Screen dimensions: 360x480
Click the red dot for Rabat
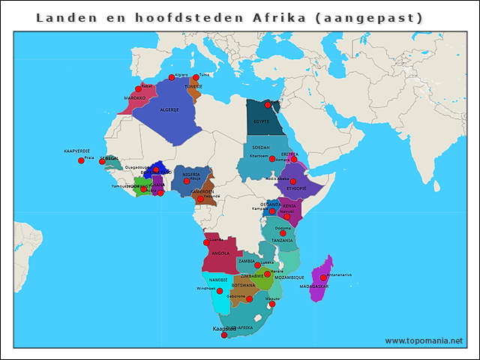point(138,88)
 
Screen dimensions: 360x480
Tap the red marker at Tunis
point(196,77)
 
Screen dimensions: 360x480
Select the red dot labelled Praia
point(81,160)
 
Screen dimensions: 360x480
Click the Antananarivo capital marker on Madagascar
point(323,277)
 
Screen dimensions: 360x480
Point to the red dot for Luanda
point(206,242)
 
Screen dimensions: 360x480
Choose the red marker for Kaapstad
point(224,335)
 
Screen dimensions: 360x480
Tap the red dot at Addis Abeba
point(292,181)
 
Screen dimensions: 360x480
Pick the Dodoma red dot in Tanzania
point(283,233)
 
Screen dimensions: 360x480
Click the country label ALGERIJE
point(169,110)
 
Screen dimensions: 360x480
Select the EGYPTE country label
point(261,121)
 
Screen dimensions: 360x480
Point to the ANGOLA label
point(220,253)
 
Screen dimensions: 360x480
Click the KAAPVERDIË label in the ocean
point(76,151)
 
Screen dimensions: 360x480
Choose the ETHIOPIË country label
point(295,189)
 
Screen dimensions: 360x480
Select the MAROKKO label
point(135,97)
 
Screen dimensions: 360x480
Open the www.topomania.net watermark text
point(424,340)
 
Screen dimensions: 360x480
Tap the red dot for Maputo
point(272,304)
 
